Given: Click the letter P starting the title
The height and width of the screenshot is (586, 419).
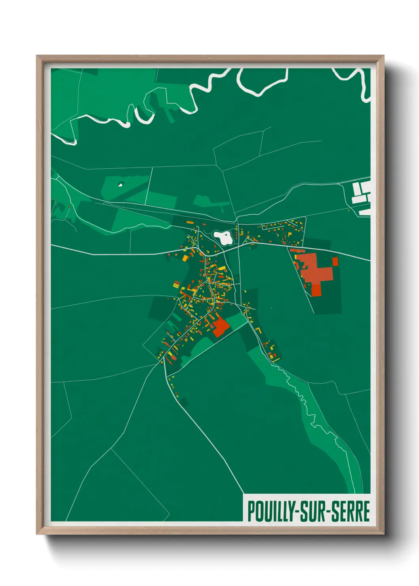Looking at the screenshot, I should tap(251, 511).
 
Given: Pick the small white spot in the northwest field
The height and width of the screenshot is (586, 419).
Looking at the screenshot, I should tap(120, 184).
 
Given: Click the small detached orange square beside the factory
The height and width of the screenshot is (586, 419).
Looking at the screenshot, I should tap(335, 261).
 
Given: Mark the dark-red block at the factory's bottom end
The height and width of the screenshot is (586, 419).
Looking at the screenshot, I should tap(316, 289).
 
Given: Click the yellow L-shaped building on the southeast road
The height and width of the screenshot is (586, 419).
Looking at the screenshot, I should tap(259, 330).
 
